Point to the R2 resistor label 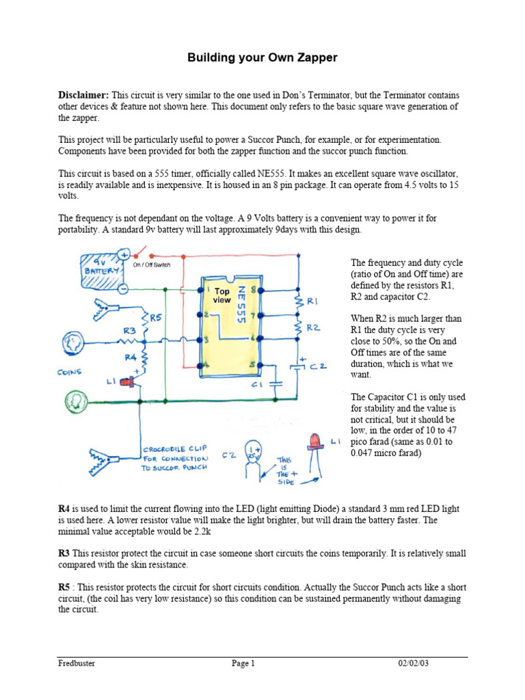(312, 327)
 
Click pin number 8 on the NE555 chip (254, 291)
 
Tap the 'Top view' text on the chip (222, 295)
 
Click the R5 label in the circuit (156, 317)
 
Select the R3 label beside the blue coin (129, 330)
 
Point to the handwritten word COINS (70, 373)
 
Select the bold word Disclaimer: (83, 94)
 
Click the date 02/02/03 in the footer (414, 663)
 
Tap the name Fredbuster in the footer (78, 663)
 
